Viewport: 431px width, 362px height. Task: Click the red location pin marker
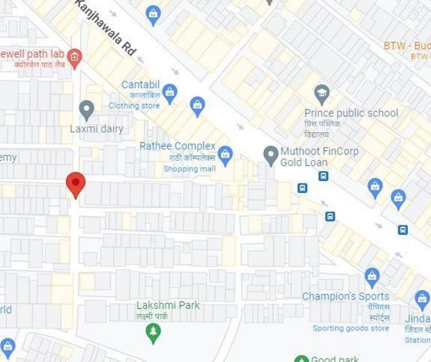pos(75,184)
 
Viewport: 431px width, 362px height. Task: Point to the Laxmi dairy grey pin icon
pos(86,109)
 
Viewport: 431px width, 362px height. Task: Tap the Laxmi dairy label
pos(96,129)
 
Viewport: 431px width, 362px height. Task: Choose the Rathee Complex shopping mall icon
pos(225,154)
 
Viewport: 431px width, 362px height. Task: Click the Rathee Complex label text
pos(177,146)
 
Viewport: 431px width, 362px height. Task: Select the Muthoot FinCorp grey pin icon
pos(271,155)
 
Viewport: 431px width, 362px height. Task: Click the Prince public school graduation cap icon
pos(322,93)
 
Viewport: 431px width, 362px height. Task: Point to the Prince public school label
pos(351,113)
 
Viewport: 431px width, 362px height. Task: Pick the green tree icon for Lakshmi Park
pos(154,332)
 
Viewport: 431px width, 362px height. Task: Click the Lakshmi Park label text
pos(168,305)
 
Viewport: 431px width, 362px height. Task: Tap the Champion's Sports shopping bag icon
pos(372,276)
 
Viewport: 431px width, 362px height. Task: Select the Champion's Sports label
pos(345,296)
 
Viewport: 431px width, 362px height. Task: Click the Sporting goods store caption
pos(350,328)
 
